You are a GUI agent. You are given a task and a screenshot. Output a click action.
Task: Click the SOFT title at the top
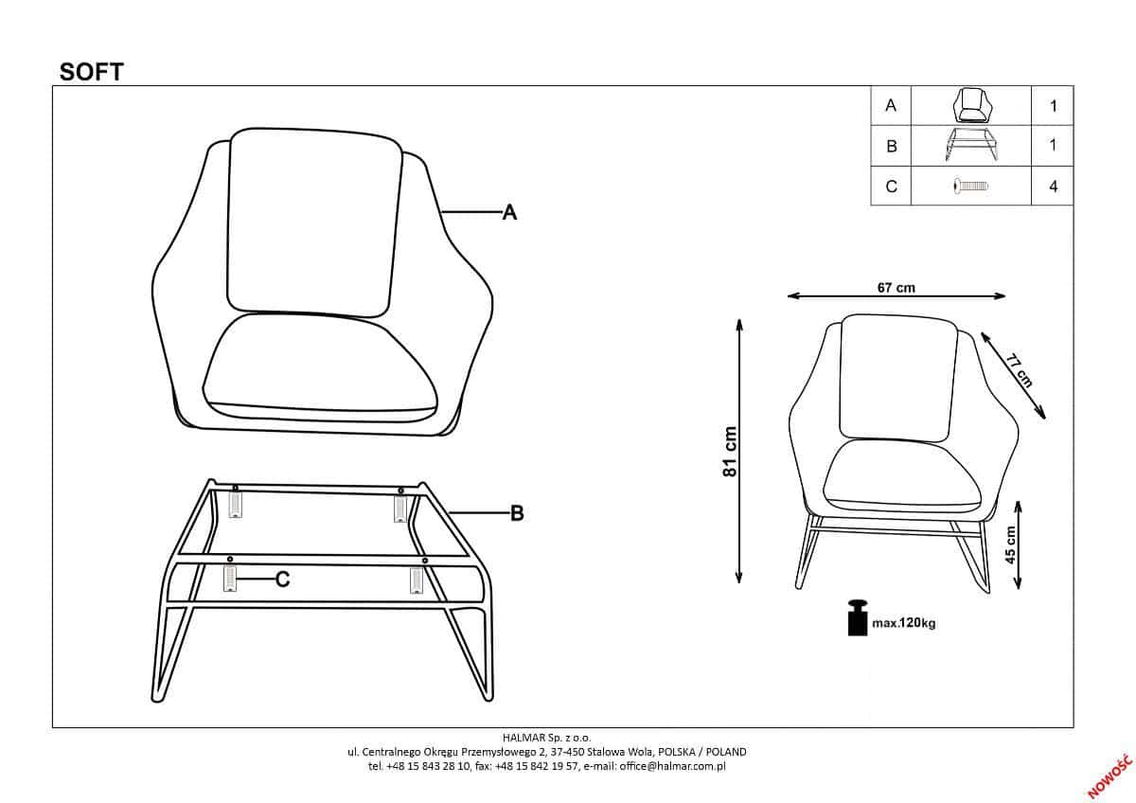click(92, 72)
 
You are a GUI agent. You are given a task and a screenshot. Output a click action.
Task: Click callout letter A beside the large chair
click(509, 213)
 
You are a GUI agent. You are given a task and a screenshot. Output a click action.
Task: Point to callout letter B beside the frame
click(517, 513)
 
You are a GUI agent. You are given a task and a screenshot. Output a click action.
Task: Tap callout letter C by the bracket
click(282, 580)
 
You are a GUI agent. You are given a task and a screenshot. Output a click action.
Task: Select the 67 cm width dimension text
click(896, 288)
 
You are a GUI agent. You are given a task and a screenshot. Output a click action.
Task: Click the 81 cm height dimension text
click(730, 452)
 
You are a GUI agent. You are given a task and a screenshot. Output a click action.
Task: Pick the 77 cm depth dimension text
click(1019, 370)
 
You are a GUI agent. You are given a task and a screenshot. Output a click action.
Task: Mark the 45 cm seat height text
click(1011, 544)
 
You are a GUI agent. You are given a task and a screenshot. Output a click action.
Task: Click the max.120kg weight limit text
click(904, 624)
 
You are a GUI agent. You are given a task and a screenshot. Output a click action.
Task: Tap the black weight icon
click(858, 617)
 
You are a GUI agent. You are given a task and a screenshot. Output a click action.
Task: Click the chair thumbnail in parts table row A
click(970, 105)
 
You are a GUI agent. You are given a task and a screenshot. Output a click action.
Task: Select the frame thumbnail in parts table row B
click(970, 146)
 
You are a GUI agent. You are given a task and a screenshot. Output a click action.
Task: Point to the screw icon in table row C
click(970, 186)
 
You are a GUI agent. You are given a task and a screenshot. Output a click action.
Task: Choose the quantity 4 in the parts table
click(1053, 186)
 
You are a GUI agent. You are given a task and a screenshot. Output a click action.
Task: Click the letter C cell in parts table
click(891, 186)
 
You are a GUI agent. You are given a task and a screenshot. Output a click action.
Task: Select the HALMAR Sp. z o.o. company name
click(547, 736)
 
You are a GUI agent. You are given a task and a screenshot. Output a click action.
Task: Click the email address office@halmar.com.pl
click(679, 766)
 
